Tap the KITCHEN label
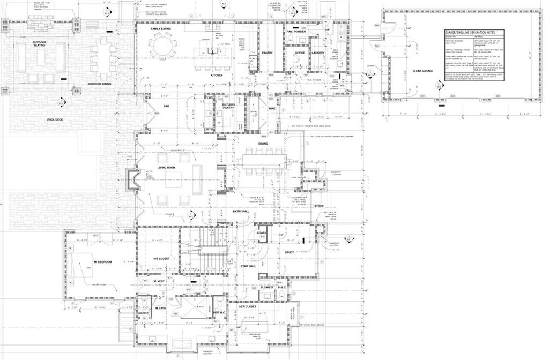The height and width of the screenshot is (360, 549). (x=216, y=76)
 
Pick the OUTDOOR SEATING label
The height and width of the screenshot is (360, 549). (x=39, y=44)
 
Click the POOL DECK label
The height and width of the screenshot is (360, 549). (x=55, y=119)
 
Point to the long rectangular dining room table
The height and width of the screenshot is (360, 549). (x=263, y=160)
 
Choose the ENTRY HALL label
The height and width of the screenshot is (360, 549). (x=241, y=211)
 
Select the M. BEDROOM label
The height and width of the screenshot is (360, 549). (x=102, y=262)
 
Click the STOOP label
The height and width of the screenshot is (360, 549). (x=318, y=206)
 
